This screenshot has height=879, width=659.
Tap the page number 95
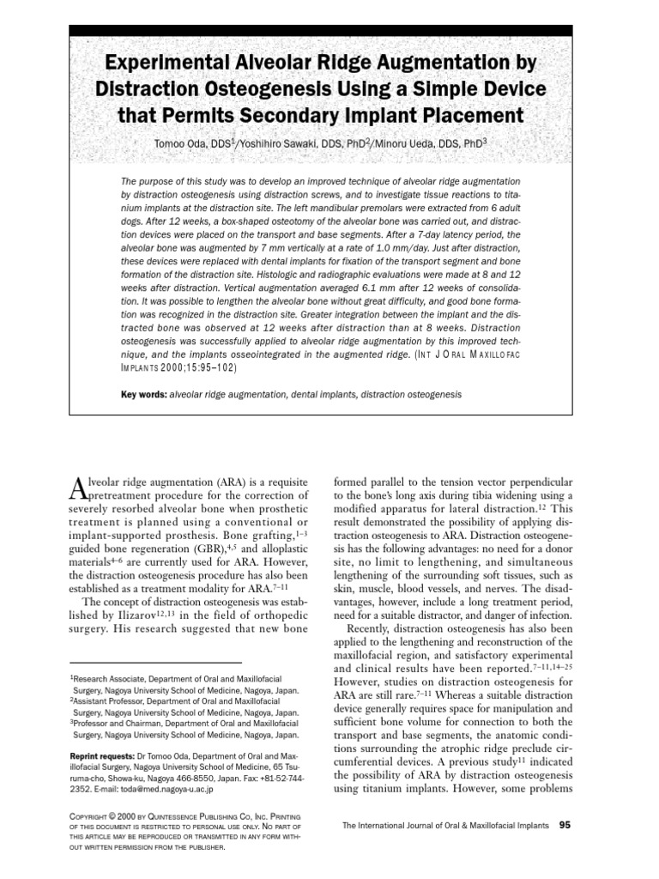point(565,825)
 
